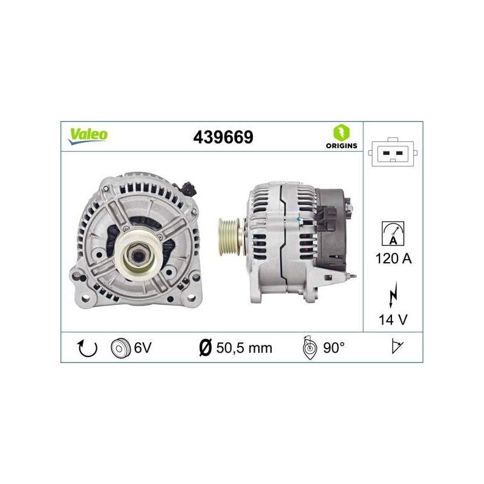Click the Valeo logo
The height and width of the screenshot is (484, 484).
click(x=88, y=136)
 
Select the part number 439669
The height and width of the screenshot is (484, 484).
click(x=223, y=137)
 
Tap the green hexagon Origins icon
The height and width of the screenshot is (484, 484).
click(x=341, y=132)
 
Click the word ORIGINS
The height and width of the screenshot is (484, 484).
click(x=341, y=146)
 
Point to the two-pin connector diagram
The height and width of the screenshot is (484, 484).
click(x=393, y=152)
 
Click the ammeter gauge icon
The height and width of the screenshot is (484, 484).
click(x=393, y=234)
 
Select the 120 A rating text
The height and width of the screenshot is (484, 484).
click(x=393, y=258)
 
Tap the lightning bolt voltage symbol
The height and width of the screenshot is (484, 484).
click(x=393, y=295)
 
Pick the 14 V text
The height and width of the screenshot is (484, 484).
click(x=393, y=320)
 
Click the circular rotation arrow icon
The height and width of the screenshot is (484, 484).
click(x=87, y=348)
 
